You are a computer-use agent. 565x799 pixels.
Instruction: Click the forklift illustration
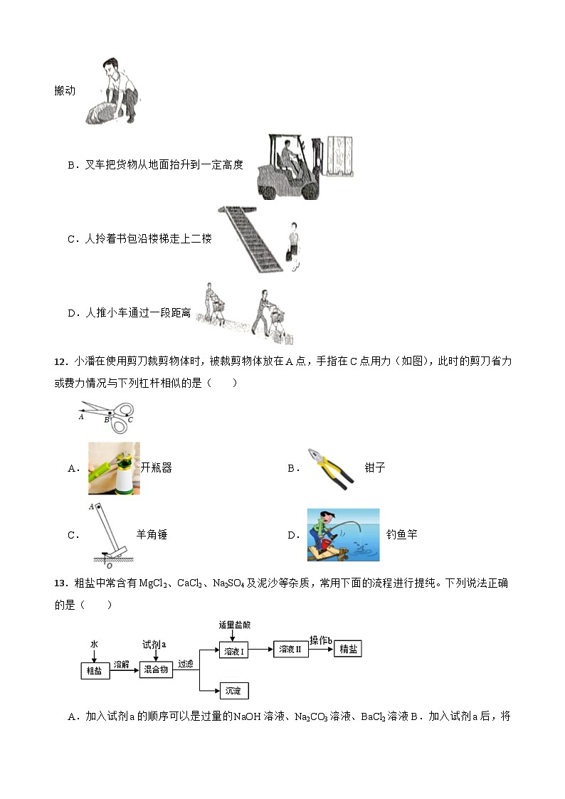click(x=304, y=166)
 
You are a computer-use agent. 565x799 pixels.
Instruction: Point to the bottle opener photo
click(x=113, y=468)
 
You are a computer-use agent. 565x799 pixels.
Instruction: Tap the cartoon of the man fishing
click(x=343, y=535)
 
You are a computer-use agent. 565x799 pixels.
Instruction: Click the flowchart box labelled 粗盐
click(x=95, y=671)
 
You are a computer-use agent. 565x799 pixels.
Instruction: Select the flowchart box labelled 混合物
click(x=156, y=670)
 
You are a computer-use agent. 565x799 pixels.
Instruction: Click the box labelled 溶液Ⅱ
click(x=290, y=649)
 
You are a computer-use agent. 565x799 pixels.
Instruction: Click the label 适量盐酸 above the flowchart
click(x=234, y=625)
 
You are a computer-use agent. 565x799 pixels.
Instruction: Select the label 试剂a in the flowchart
click(x=154, y=643)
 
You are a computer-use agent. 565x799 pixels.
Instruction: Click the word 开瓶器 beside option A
click(x=157, y=468)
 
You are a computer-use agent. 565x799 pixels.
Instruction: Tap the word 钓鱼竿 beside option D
click(x=401, y=535)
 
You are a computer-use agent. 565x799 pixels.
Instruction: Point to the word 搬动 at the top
click(x=65, y=91)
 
